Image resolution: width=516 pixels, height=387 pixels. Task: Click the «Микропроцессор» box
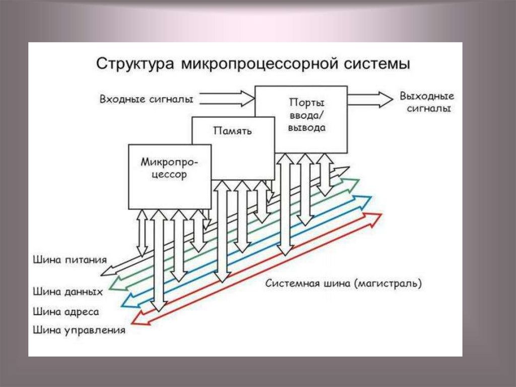pos(170,177)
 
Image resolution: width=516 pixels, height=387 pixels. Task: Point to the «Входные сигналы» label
pos(146,99)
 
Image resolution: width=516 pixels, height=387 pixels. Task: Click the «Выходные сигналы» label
pos(426,102)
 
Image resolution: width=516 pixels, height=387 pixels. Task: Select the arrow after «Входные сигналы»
pos(227,98)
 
